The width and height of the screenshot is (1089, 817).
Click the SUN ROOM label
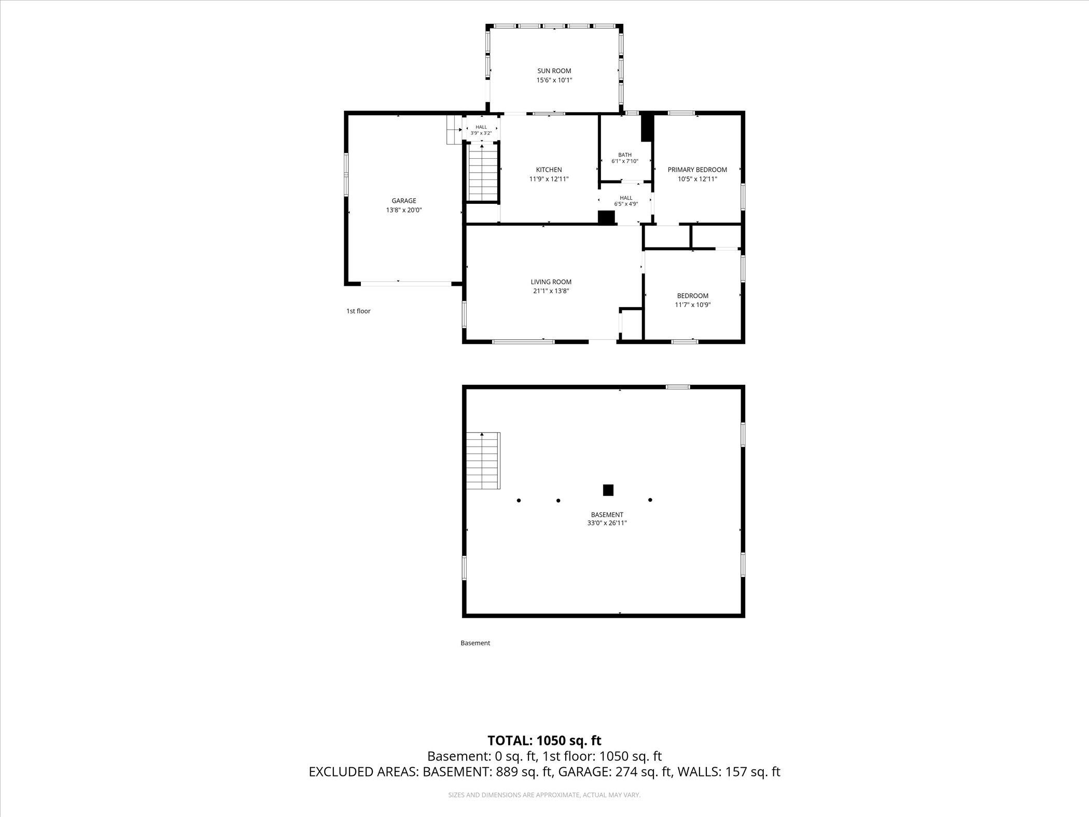tap(554, 71)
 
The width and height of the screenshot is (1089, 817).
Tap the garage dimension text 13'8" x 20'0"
tap(404, 210)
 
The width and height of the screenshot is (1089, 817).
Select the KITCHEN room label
tap(549, 170)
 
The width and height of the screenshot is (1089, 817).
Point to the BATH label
tap(625, 155)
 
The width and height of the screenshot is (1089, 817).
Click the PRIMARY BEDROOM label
tap(697, 170)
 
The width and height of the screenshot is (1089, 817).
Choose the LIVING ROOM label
tap(551, 282)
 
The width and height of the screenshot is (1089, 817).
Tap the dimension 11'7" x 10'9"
tap(692, 305)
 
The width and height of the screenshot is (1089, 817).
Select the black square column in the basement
tap(608, 490)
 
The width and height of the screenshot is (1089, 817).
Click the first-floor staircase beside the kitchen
tap(483, 173)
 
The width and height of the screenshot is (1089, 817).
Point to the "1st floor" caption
tap(358, 311)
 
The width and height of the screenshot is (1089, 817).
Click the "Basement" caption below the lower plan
tap(475, 643)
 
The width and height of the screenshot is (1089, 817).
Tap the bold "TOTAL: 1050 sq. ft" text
tap(544, 740)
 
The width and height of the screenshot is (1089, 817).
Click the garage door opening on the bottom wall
tap(406, 284)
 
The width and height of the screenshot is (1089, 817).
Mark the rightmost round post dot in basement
tap(650, 500)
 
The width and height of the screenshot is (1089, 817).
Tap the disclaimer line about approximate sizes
tap(544, 795)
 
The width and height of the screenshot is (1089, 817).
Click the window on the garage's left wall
tap(346, 174)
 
